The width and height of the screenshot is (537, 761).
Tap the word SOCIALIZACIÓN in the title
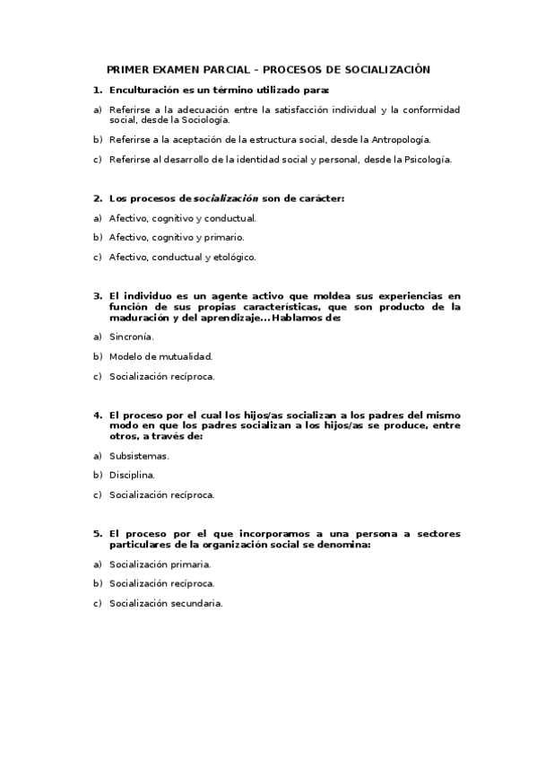[387, 69]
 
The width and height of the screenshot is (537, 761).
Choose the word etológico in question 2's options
[234, 257]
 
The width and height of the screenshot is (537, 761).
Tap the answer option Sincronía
[131, 337]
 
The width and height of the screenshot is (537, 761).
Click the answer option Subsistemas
[139, 455]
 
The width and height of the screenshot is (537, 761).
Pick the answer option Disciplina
[132, 475]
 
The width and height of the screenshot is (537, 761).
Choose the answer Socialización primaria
[160, 564]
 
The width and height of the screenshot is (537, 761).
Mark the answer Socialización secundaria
[165, 604]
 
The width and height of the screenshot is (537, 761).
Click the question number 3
[97, 295]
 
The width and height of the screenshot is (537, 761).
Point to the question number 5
[97, 533]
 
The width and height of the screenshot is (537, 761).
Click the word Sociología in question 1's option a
[205, 118]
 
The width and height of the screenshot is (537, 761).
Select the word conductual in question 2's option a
[233, 217]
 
